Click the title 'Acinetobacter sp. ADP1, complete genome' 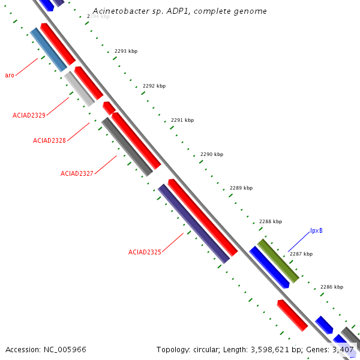tap(180, 11)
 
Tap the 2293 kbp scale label tap(126, 52)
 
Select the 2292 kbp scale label tap(154, 86)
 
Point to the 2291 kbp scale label tap(182, 120)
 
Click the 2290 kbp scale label tap(212, 154)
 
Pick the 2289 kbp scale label tap(241, 188)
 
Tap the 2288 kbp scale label tap(271, 221)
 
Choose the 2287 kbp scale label tap(301, 254)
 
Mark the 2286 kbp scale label tap(332, 287)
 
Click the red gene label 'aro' tap(10, 75)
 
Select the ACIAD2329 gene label tap(29, 115)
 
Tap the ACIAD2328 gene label tap(49, 140)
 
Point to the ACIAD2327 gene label tap(77, 173)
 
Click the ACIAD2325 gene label tap(145, 252)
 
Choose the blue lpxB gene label tap(316, 231)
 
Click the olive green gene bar tap(278, 261)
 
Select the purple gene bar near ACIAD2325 tap(194, 223)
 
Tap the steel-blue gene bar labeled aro tap(49, 50)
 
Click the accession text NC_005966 tap(46, 349)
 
